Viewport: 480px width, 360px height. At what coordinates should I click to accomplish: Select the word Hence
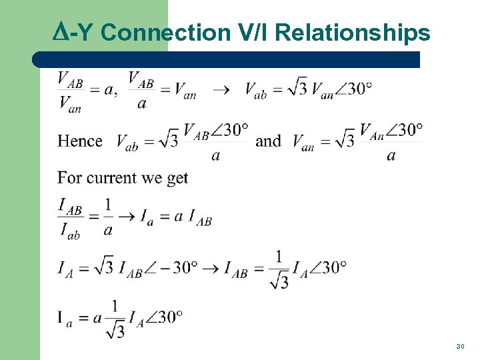click(x=80, y=141)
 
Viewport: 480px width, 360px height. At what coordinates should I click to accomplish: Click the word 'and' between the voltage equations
click(x=268, y=141)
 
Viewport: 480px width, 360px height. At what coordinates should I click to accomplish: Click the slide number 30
click(x=460, y=347)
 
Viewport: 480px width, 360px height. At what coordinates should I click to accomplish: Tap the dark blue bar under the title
click(x=227, y=59)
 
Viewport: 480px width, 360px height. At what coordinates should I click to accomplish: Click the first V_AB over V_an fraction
click(x=71, y=90)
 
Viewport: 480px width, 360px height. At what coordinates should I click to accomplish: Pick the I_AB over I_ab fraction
click(x=71, y=219)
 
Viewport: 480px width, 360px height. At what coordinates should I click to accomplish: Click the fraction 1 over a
click(x=108, y=217)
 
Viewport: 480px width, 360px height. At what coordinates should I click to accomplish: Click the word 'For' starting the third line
click(x=69, y=178)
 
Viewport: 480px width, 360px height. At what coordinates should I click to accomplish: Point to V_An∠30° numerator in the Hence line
click(x=391, y=129)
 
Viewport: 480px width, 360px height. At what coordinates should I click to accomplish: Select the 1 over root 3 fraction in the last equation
click(x=115, y=319)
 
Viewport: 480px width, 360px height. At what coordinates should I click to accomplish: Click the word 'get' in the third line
click(x=176, y=179)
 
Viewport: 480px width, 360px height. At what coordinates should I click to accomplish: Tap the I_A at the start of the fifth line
click(x=65, y=268)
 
